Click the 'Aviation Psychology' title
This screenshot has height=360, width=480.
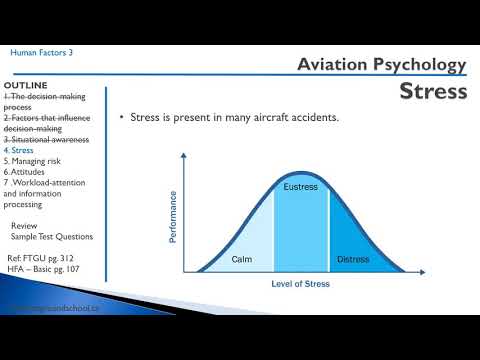pos(382,65)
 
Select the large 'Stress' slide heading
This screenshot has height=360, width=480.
pos(433,92)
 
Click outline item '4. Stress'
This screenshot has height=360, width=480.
pos(24,150)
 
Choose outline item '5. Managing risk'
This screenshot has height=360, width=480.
pos(37,161)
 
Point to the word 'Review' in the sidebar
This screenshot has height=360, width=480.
pos(25,226)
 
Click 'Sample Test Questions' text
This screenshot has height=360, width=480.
pos(51,237)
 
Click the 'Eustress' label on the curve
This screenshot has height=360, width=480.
pos(301,186)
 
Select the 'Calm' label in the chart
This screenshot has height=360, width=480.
pos(241,259)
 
